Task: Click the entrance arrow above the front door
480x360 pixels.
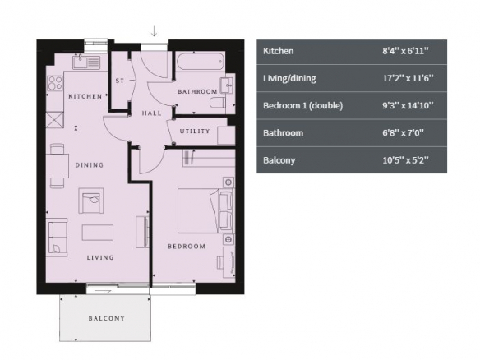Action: [154, 31]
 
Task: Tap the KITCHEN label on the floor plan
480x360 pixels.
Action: [85, 96]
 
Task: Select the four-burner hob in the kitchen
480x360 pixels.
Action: [55, 83]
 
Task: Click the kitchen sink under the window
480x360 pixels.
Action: [86, 62]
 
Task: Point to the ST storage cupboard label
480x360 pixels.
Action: [120, 81]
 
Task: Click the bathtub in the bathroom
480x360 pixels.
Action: [201, 62]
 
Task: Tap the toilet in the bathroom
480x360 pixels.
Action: [218, 103]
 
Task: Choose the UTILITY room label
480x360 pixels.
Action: [195, 132]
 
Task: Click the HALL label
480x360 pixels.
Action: [151, 113]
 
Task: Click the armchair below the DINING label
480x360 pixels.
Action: [91, 201]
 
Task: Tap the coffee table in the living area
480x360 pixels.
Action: [98, 233]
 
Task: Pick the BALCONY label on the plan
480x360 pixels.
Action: [107, 318]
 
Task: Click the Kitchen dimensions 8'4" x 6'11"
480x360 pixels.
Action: [405, 51]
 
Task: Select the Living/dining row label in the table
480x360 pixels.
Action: [289, 78]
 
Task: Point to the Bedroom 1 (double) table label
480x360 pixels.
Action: [303, 105]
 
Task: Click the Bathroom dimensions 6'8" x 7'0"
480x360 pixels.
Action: [403, 133]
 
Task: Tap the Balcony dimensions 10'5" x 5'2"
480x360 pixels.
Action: [405, 160]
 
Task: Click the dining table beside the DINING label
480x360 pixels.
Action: [58, 165]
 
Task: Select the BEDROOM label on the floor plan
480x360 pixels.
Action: [187, 247]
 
